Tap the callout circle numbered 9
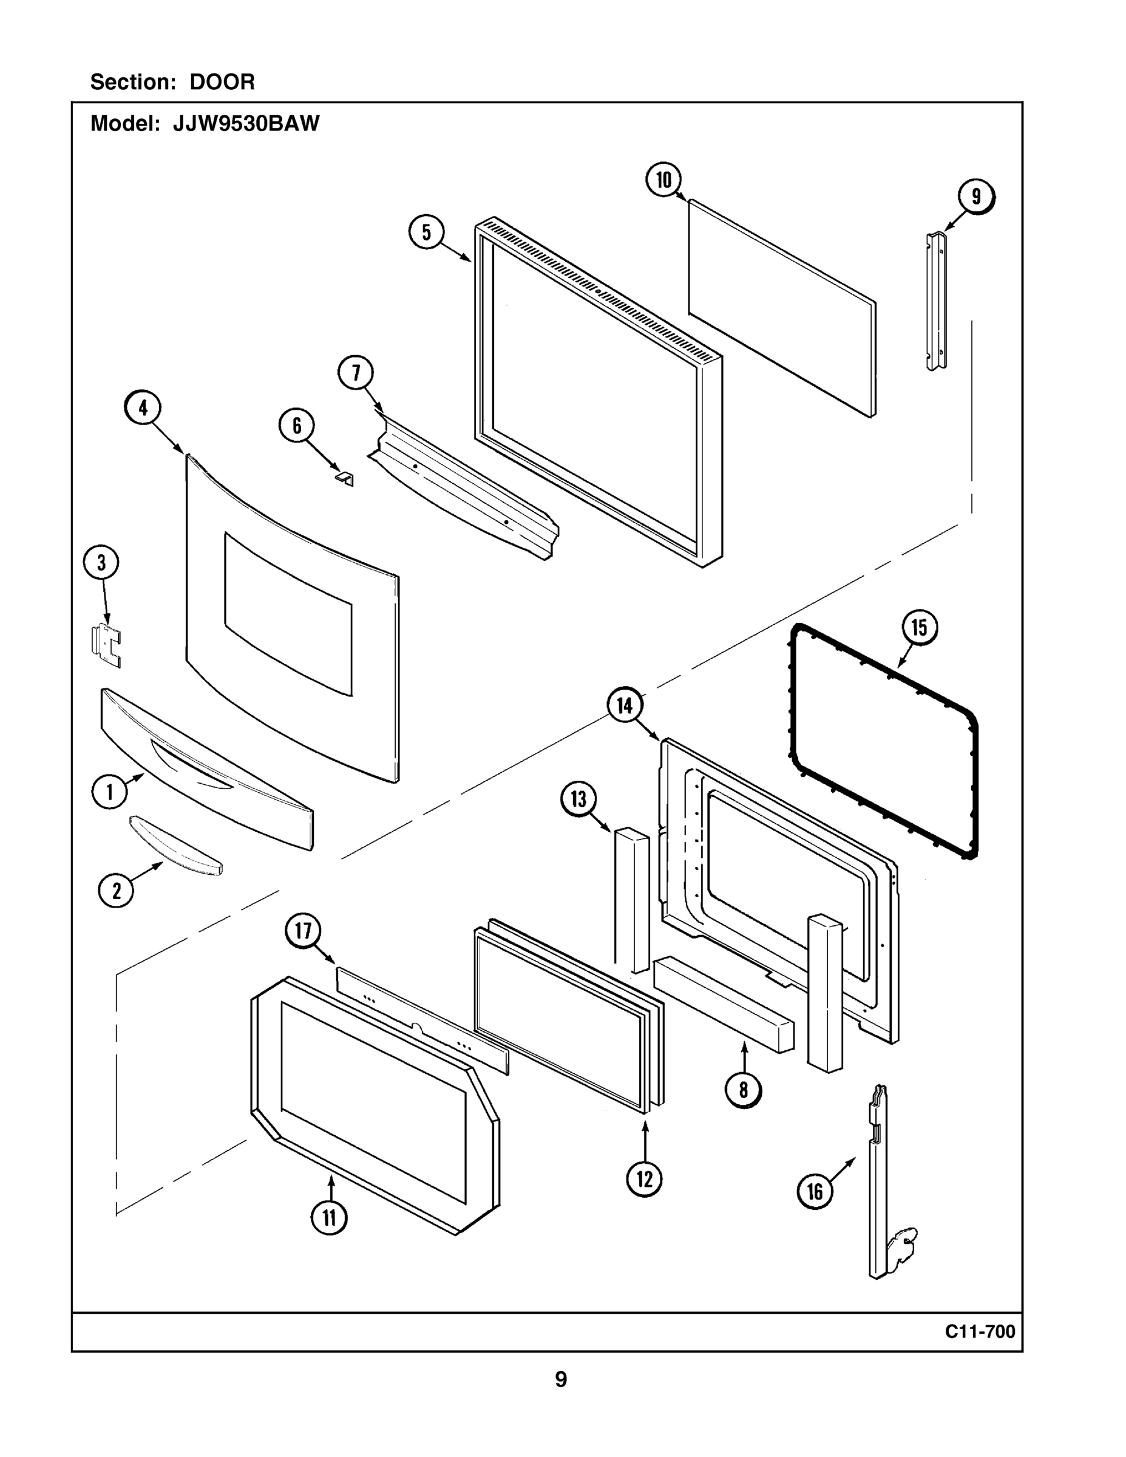pyautogui.click(x=976, y=197)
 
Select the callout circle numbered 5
pyautogui.click(x=426, y=231)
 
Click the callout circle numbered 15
pyautogui.click(x=919, y=627)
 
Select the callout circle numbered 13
pyautogui.click(x=578, y=798)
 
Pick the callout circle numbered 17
pyautogui.click(x=303, y=930)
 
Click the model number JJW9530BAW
pyautogui.click(x=246, y=123)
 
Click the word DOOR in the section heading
pyautogui.click(x=222, y=82)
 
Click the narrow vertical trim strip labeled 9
pyautogui.click(x=937, y=301)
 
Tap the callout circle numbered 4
pyautogui.click(x=143, y=407)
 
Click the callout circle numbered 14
pyautogui.click(x=625, y=705)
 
